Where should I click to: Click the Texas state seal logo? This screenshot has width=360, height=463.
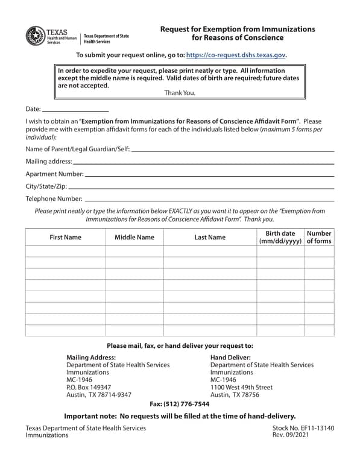pos(35,36)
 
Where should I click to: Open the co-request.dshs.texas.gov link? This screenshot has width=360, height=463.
pos(236,55)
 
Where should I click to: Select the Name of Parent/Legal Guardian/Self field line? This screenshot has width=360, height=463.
pos(232,150)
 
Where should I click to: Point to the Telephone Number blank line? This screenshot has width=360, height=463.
pos(209,200)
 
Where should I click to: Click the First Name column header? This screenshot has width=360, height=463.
pos(65,238)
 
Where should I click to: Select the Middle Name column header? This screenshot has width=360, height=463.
pos(134,238)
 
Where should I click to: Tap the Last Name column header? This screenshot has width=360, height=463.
pos(210,238)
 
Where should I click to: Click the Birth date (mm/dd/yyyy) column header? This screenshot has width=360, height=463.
pos(280,237)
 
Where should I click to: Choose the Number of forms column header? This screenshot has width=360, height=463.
pos(319,237)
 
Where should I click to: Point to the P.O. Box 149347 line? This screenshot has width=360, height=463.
pos(89,387)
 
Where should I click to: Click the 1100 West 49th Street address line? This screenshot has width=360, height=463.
pos(241,387)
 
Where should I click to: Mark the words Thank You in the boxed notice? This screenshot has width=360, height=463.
pos(180,93)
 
